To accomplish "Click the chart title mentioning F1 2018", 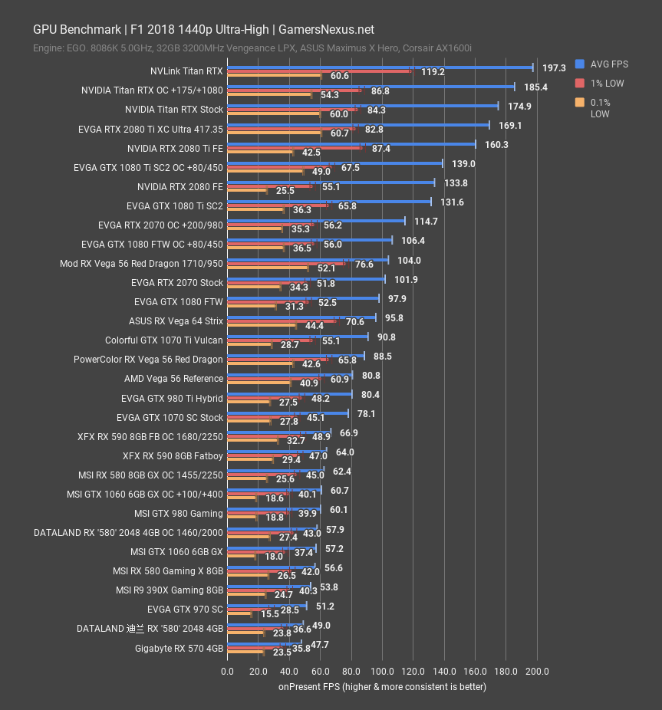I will coord(203,30).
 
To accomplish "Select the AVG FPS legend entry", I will coord(611,64).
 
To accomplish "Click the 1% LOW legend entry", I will coord(607,83).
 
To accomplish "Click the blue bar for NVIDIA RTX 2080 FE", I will coord(331,182).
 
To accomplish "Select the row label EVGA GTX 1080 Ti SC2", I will coord(174,205).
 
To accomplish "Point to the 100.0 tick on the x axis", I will coord(382,672).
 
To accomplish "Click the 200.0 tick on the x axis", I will coord(537,672).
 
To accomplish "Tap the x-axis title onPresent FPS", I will coord(382,686).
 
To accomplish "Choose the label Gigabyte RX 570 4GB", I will coord(178,648).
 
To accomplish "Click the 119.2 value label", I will coord(433,72).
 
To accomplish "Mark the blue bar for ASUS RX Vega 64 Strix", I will coord(301,317).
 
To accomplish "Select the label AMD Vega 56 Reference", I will coord(173,378).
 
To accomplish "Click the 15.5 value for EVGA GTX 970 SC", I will coord(269,614).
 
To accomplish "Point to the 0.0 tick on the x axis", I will coord(228,672).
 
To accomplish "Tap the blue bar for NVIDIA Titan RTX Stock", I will coord(363,106).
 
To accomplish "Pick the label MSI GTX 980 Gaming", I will coord(178,513).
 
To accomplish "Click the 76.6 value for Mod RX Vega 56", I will coord(364,265).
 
